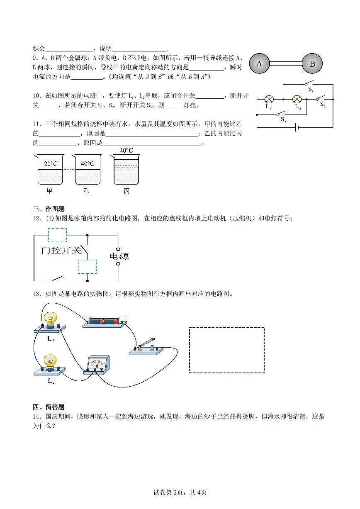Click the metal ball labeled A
click(260, 64)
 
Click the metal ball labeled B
click(312, 64)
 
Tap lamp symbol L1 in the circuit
click(269, 100)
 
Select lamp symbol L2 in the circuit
click(297, 100)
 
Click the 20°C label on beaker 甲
click(51, 164)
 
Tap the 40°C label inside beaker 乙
click(88, 164)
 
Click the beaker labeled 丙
click(126, 170)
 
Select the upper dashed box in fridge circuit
click(57, 235)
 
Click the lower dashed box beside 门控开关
click(87, 267)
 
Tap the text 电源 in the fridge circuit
click(119, 256)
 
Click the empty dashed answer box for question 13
click(227, 350)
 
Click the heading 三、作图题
click(49, 209)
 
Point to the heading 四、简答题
click(49, 407)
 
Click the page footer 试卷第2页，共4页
click(180, 492)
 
